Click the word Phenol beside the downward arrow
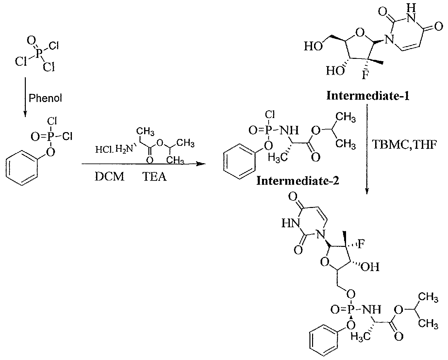tap(45, 98)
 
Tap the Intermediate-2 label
tap(298, 180)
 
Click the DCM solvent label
tap(109, 177)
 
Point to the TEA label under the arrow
tap(155, 177)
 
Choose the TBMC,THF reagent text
tap(404, 145)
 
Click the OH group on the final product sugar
tap(370, 267)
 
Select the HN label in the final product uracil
tap(291, 223)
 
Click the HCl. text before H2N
tap(104, 149)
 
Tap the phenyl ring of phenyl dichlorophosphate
tap(22, 167)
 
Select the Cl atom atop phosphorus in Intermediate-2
tap(270, 114)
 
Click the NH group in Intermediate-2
tap(289, 130)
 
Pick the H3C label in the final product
tap(361, 336)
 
